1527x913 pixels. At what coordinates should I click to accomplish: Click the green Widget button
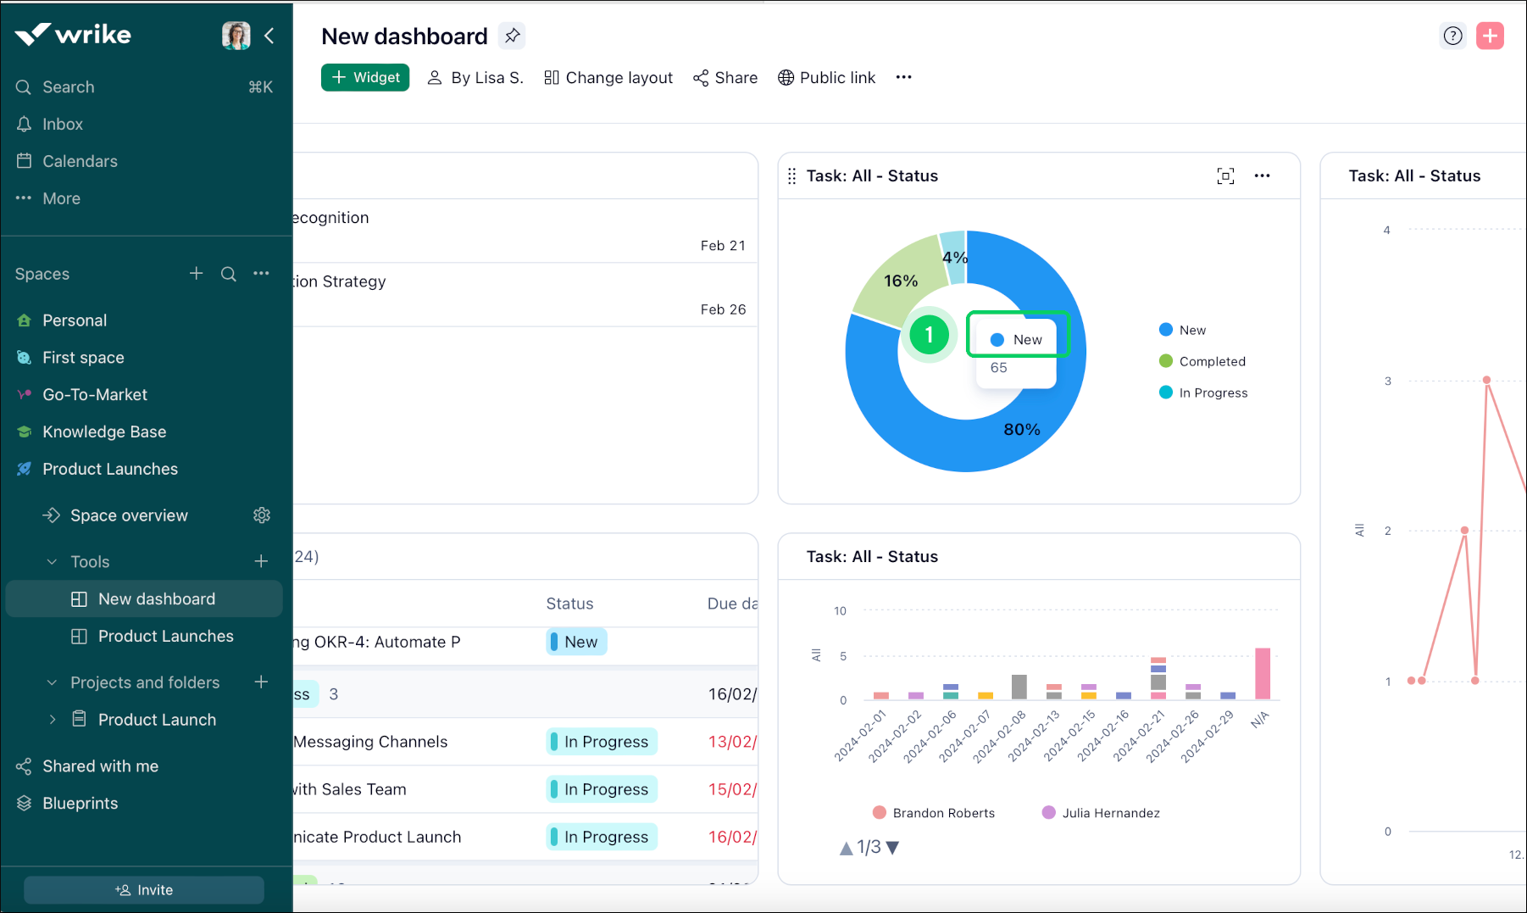(x=365, y=77)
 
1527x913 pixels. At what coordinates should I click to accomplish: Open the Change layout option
(x=608, y=78)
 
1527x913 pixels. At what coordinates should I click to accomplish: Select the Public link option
(x=827, y=78)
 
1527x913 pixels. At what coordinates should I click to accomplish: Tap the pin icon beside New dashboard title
(x=512, y=36)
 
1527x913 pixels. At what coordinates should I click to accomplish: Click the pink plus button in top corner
(x=1490, y=36)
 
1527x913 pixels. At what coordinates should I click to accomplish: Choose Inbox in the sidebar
(x=63, y=124)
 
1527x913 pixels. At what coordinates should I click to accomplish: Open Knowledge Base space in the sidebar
(x=104, y=431)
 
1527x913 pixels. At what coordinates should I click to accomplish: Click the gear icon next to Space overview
(x=262, y=515)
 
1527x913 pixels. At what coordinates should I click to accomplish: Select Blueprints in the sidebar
(x=81, y=803)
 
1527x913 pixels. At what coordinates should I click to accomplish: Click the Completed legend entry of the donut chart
(x=1212, y=361)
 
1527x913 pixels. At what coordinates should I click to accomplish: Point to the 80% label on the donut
(x=1022, y=430)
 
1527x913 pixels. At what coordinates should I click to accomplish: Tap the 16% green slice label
(x=901, y=281)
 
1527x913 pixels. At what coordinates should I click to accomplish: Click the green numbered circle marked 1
(x=929, y=335)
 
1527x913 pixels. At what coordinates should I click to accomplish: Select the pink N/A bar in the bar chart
(x=1263, y=673)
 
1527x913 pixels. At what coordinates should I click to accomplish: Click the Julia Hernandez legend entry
(x=1110, y=813)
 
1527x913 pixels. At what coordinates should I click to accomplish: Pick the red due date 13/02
(x=732, y=742)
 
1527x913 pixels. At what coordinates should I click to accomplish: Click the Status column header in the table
(x=569, y=604)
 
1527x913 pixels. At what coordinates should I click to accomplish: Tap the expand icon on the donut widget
(x=1225, y=175)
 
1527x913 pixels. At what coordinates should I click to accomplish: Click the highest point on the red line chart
(x=1486, y=381)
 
